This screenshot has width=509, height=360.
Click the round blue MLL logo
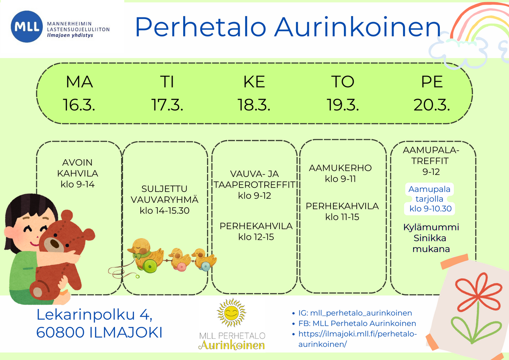(x=27, y=27)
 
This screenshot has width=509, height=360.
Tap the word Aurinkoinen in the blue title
(x=358, y=27)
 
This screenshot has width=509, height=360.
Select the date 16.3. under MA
(x=79, y=105)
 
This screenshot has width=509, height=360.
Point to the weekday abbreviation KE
(x=254, y=82)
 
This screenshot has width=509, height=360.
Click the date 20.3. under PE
(x=431, y=105)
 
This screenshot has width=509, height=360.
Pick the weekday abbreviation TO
(x=343, y=82)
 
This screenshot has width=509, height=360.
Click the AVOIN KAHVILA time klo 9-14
(x=78, y=184)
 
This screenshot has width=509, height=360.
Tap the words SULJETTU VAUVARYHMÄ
(x=165, y=194)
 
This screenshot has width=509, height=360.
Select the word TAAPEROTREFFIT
(x=255, y=185)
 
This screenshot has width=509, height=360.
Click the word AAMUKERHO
(x=340, y=168)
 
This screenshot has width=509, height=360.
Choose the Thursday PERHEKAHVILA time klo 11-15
(x=342, y=217)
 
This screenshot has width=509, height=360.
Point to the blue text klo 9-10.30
(x=431, y=209)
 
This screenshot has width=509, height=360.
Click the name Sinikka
(x=430, y=238)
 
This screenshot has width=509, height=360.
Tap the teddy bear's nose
(x=55, y=243)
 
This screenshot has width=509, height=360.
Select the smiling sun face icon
(x=231, y=313)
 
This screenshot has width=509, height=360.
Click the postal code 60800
(x=60, y=332)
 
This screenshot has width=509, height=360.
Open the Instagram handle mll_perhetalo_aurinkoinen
(x=361, y=313)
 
